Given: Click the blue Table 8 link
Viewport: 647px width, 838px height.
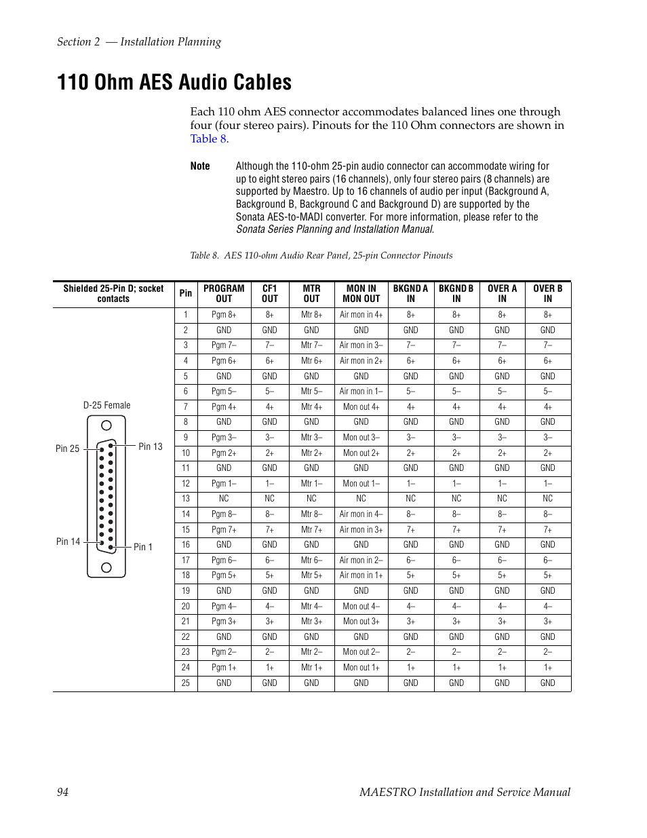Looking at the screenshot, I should tap(208, 139).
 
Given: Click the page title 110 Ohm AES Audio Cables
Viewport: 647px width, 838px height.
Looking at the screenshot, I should tap(174, 83).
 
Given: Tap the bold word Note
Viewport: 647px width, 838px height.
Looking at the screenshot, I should tap(199, 166).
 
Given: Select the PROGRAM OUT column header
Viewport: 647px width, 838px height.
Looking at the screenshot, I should tap(224, 293).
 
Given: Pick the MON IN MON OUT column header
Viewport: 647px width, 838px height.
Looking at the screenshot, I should tap(361, 293).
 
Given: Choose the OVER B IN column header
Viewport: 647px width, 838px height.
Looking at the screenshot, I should tap(547, 293).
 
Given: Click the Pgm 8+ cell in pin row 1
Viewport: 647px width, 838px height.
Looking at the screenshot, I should tap(224, 315).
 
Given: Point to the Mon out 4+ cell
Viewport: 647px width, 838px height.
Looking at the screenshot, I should tap(361, 407).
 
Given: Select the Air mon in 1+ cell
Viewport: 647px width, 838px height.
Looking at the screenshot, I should tap(361, 575).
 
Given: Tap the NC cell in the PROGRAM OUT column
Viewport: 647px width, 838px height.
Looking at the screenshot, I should tap(224, 499).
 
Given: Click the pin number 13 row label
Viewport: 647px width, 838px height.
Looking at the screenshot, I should tap(186, 499).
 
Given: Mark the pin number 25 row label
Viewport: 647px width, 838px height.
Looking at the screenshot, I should tap(186, 683).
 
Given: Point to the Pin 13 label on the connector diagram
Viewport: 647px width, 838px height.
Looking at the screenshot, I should tap(150, 446).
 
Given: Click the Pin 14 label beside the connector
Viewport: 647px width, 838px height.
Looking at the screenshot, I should tap(68, 541).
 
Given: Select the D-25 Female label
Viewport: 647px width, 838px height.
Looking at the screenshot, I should tap(106, 406).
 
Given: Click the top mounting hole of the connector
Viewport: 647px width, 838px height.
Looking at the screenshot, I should tap(106, 425).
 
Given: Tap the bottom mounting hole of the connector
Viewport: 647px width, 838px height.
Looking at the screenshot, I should tap(106, 567).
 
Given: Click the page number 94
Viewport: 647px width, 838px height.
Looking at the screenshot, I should tap(62, 793).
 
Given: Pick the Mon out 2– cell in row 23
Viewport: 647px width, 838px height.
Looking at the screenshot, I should tap(361, 652).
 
